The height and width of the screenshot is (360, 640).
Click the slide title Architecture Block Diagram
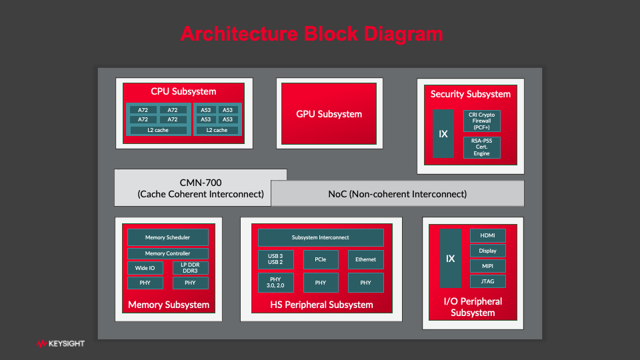311,34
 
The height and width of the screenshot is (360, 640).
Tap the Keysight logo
61,344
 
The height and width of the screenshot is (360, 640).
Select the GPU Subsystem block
329,114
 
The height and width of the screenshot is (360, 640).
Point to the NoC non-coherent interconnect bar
397,194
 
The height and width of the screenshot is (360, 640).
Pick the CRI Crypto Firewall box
481,121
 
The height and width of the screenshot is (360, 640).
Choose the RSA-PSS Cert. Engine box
481,147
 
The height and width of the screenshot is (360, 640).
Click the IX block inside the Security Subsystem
443,134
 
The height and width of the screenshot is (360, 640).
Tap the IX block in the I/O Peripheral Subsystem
450,259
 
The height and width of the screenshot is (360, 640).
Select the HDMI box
487,236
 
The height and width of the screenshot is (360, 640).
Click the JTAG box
487,281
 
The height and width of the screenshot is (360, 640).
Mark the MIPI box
487,266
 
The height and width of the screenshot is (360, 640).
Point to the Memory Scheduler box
168,237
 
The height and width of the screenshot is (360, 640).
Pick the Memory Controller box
168,253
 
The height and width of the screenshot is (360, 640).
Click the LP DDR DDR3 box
191,268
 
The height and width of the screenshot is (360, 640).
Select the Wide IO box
145,268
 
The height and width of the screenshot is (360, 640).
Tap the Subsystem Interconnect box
321,237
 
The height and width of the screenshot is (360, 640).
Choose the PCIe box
321,259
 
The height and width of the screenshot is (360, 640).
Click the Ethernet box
365,259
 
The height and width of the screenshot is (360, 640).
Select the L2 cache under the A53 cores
217,130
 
